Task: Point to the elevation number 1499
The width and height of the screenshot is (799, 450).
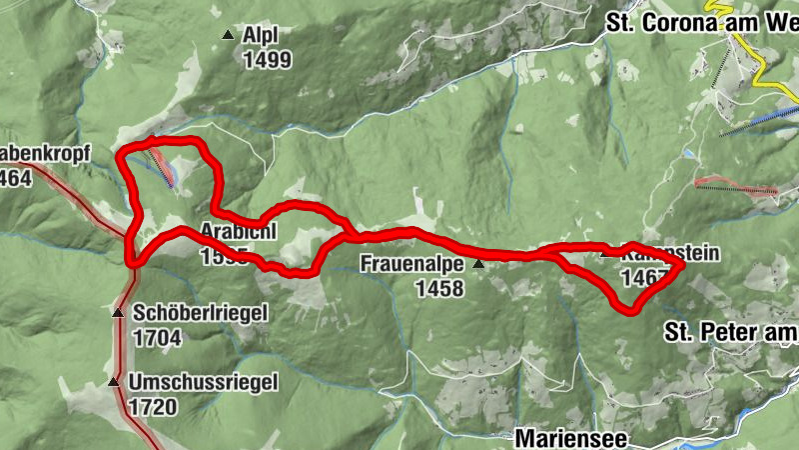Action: point(267,60)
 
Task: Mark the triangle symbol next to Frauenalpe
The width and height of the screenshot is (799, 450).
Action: point(478,264)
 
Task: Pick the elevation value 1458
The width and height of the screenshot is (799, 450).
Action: point(440,289)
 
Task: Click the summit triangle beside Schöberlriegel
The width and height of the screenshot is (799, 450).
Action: point(117,313)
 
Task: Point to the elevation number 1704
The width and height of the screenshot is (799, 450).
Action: point(156,338)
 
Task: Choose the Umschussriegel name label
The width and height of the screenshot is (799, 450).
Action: point(203,382)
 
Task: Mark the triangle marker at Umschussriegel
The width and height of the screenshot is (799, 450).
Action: point(113,382)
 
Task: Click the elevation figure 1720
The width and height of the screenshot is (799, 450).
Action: point(154,407)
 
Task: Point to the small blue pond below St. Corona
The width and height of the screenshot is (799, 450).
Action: point(688,154)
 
